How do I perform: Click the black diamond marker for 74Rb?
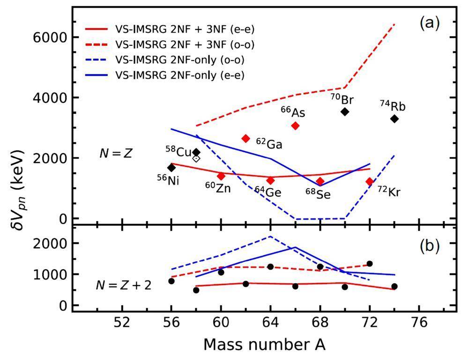coord(395,119)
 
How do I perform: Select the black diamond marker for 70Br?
coord(345,111)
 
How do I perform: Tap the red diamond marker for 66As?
coord(295,125)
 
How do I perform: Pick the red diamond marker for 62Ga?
coord(246,138)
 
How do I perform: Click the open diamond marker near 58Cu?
coord(196,158)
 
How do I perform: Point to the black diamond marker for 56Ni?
coord(171,168)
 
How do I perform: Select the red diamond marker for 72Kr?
coord(370,181)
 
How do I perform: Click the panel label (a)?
coord(429,23)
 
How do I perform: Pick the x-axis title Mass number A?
coord(264,345)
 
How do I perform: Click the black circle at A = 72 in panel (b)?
coord(370,264)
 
